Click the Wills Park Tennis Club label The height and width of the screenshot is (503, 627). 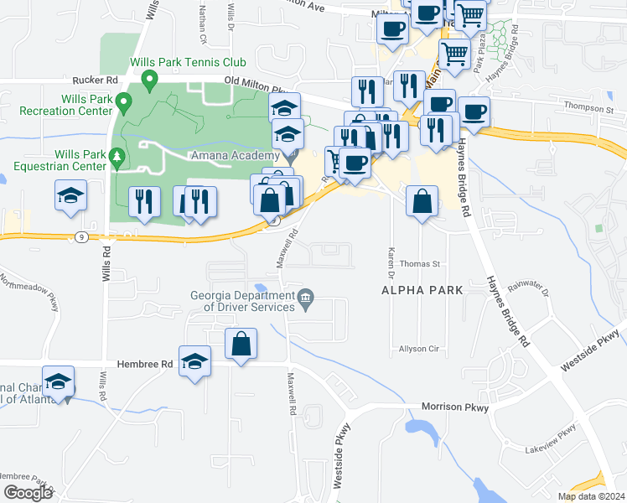tap(188, 63)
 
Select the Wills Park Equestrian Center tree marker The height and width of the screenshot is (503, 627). tap(117, 156)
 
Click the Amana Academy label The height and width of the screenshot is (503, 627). tap(233, 157)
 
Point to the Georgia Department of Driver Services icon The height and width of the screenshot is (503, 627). tap(306, 297)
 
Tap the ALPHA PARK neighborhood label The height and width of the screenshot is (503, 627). tap(422, 290)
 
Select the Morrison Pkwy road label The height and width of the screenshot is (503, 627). tap(455, 407)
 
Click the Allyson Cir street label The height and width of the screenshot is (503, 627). tap(420, 348)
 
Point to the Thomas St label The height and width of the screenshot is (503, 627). tap(419, 263)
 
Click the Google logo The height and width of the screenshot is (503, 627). tap(27, 493)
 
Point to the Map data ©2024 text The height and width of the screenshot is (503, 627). tap(591, 496)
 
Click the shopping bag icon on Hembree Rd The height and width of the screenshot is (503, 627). tap(241, 344)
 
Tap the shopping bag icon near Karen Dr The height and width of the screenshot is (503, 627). tap(422, 202)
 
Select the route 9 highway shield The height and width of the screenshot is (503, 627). tap(80, 237)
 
